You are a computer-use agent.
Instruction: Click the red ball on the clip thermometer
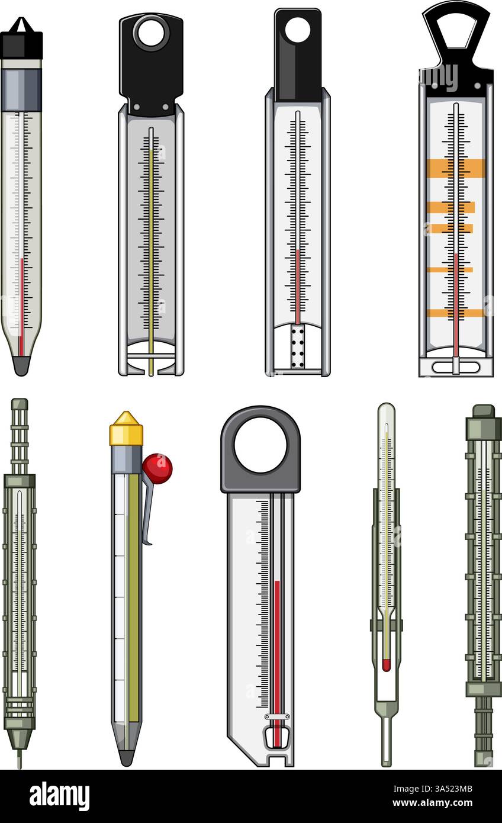point(157,468)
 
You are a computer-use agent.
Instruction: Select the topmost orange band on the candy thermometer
point(455,168)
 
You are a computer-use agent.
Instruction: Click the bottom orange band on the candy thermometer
point(455,313)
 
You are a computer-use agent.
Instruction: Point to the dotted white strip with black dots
point(297,346)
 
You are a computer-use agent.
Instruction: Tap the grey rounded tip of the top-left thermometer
point(21,365)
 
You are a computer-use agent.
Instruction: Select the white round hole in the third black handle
point(297,30)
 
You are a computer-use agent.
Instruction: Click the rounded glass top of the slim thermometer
point(386,411)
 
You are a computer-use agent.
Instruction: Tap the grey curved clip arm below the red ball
point(147,509)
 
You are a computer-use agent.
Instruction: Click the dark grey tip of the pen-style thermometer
point(126,757)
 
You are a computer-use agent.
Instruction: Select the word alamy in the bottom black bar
point(59,796)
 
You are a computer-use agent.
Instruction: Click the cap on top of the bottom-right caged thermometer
point(484,411)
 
